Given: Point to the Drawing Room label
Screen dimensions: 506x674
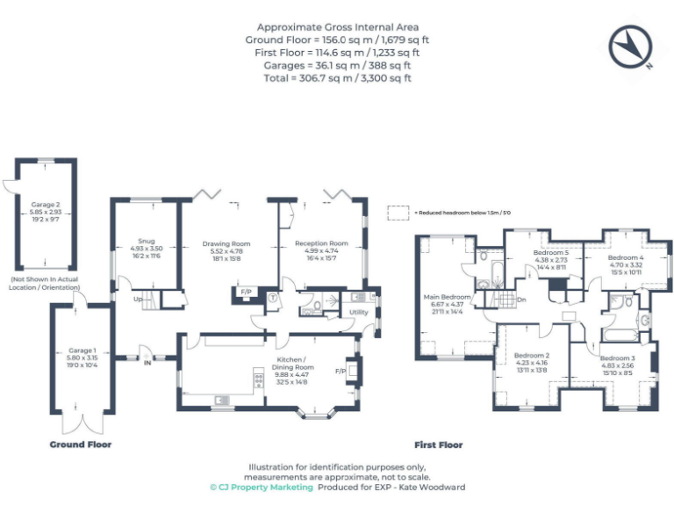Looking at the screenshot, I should (x=226, y=243).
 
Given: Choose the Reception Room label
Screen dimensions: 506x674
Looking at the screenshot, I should (x=321, y=243).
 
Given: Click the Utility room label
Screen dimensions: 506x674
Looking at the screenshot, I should (x=358, y=312).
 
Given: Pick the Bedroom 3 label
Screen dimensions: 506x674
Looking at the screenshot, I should (x=617, y=358).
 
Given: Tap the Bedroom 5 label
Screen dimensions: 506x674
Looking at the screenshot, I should (x=552, y=253).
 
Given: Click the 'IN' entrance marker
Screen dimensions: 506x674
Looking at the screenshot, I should (x=147, y=363).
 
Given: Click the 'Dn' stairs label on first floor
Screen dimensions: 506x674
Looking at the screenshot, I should (x=521, y=299).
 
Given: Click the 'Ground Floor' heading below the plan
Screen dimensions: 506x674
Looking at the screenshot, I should (x=80, y=445).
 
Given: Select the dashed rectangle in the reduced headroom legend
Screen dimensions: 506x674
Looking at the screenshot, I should (x=399, y=212).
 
